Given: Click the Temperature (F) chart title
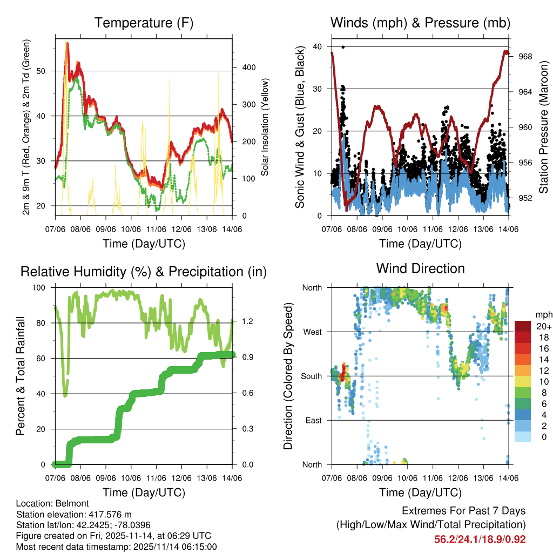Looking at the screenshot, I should [x=144, y=23].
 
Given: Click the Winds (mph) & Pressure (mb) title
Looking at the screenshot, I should [x=420, y=23].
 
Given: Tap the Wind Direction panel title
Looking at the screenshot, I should [x=420, y=268].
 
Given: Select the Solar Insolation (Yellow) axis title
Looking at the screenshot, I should [x=265, y=127].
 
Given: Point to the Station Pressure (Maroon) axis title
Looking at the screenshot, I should [x=543, y=127].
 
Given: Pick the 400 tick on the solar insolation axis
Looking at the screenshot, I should [x=242, y=68].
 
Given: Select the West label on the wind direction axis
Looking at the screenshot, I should [x=312, y=332].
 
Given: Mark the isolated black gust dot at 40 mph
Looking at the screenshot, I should [x=343, y=47].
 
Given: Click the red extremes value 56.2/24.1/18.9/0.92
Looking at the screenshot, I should [x=480, y=539].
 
